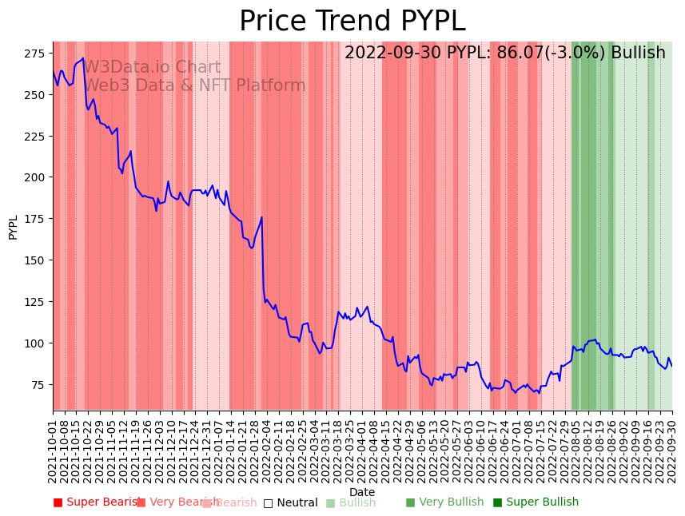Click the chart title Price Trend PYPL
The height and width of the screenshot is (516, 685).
(x=352, y=21)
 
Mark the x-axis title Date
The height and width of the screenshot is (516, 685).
(x=362, y=492)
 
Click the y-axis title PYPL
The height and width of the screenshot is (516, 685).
(x=13, y=227)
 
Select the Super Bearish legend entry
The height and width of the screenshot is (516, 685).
(x=96, y=502)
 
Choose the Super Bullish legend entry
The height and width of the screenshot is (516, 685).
(x=536, y=502)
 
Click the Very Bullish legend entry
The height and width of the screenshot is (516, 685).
(x=445, y=502)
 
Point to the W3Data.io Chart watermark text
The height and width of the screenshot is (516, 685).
(x=152, y=67)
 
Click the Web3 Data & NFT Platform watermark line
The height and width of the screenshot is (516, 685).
(x=195, y=85)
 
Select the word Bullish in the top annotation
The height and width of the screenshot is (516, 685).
(x=638, y=54)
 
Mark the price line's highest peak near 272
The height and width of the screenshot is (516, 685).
(x=82, y=58)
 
